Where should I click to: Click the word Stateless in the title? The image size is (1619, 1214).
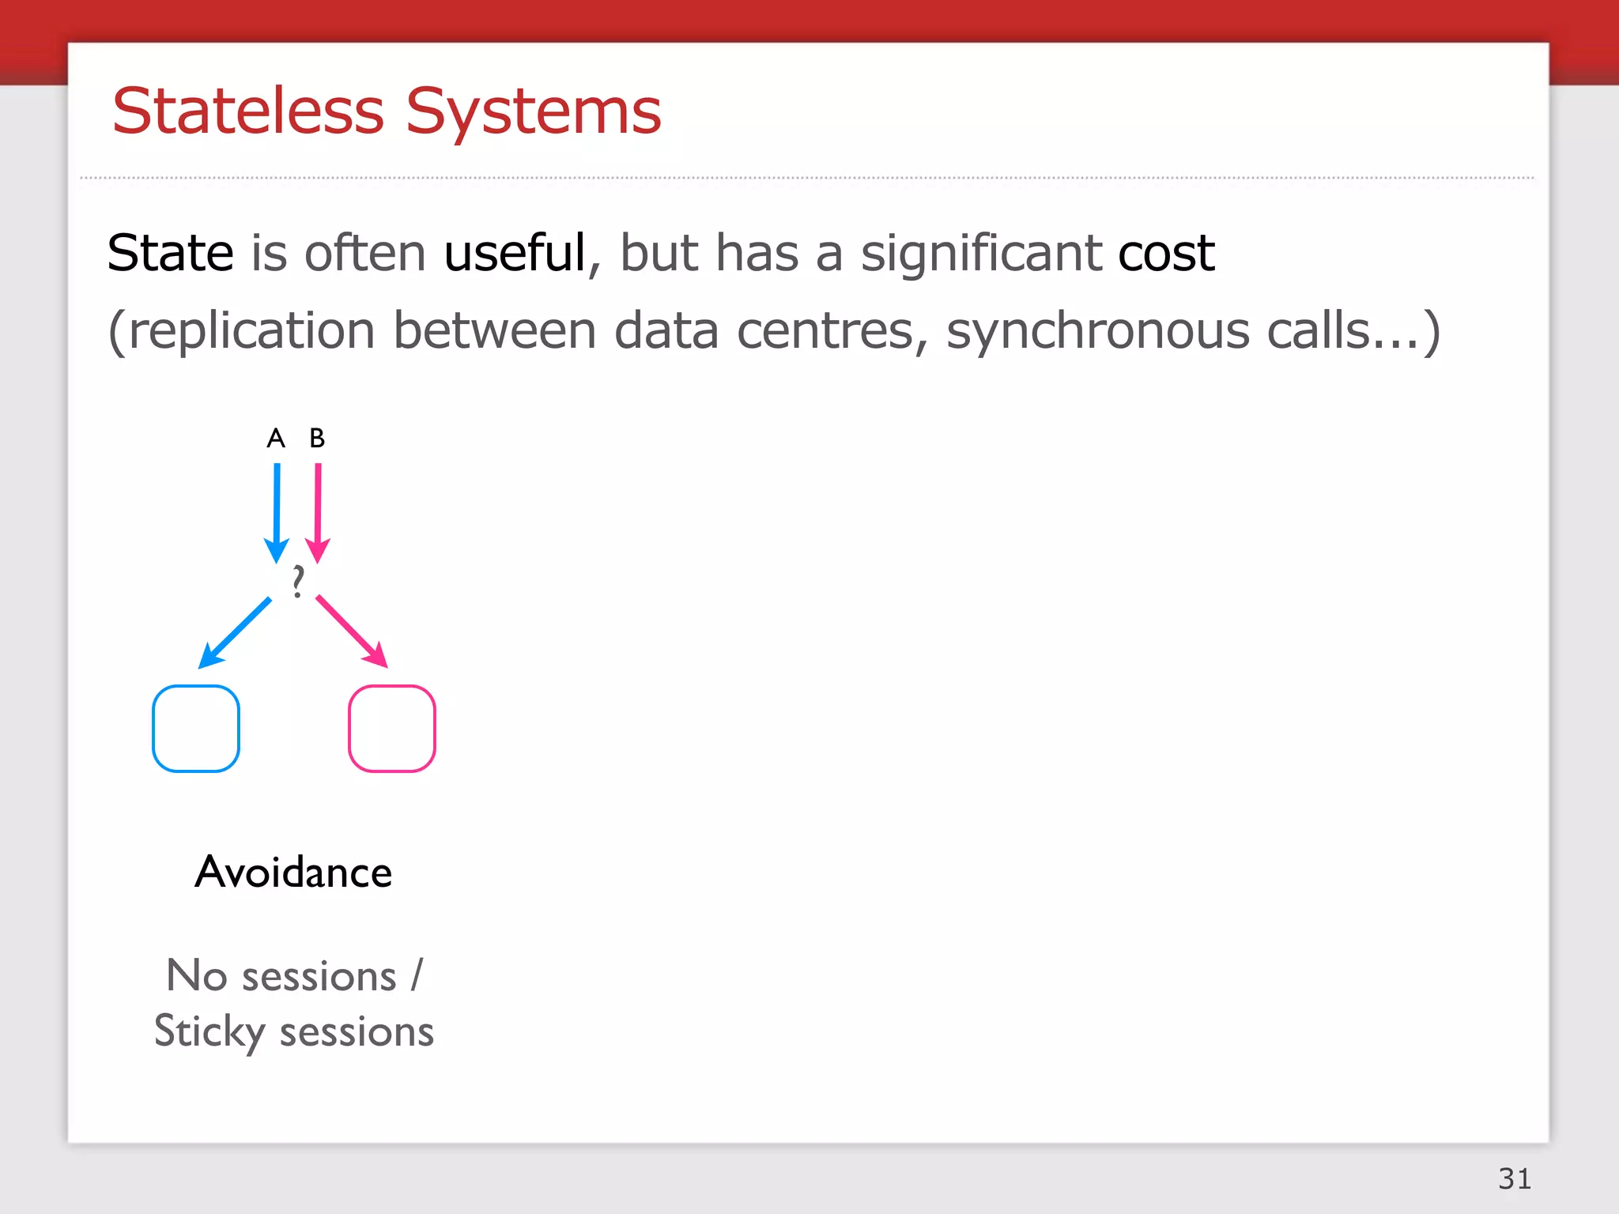point(247,111)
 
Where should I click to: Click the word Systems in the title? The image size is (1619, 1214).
point(534,111)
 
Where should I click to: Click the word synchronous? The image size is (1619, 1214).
point(1098,330)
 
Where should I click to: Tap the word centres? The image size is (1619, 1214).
point(825,330)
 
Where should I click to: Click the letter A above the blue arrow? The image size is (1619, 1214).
point(275,438)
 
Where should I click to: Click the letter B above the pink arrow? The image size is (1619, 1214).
point(317,438)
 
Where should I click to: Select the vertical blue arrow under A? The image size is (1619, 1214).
point(276,510)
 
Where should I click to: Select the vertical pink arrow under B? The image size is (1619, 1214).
point(318,510)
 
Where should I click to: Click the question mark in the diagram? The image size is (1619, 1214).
point(297,582)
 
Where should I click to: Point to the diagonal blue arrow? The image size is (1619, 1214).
point(235,632)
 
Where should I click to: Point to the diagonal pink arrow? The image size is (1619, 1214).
point(352,632)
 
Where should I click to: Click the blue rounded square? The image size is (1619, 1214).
point(196,728)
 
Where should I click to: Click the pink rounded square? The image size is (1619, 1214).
point(392,728)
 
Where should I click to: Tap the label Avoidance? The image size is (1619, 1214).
point(293,873)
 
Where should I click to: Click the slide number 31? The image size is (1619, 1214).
point(1514,1178)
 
